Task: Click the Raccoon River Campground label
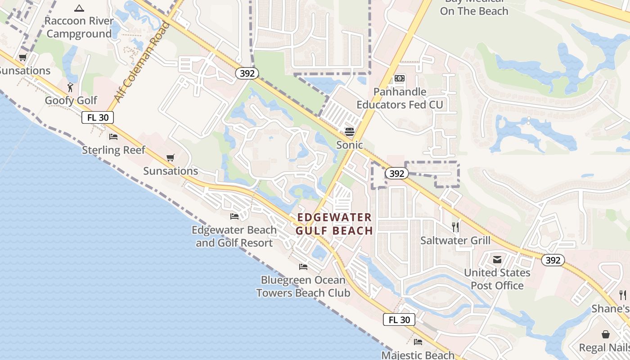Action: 79,27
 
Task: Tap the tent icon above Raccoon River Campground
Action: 79,8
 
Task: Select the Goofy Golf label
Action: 71,100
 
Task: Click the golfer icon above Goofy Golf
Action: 70,87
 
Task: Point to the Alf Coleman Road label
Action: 143,62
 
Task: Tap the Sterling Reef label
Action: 113,150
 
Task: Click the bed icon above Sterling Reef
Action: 113,136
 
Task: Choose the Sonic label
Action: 350,145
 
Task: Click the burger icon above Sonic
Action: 350,132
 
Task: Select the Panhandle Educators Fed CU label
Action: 400,99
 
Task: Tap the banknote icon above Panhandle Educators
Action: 400,78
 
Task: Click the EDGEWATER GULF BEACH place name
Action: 334,224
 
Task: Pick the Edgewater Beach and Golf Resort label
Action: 234,236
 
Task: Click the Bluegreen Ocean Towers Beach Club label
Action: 303,287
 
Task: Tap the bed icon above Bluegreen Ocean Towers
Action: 303,267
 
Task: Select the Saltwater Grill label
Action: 455,240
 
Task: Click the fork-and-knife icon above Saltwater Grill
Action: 455,227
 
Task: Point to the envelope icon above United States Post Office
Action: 497,260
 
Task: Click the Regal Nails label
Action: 604,347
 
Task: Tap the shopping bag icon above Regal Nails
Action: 606,334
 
